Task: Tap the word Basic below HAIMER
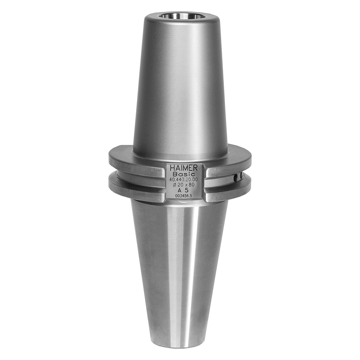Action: coord(184,174)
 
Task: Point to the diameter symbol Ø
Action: coord(175,185)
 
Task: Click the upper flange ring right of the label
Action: coord(228,167)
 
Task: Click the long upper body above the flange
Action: coord(180,84)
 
